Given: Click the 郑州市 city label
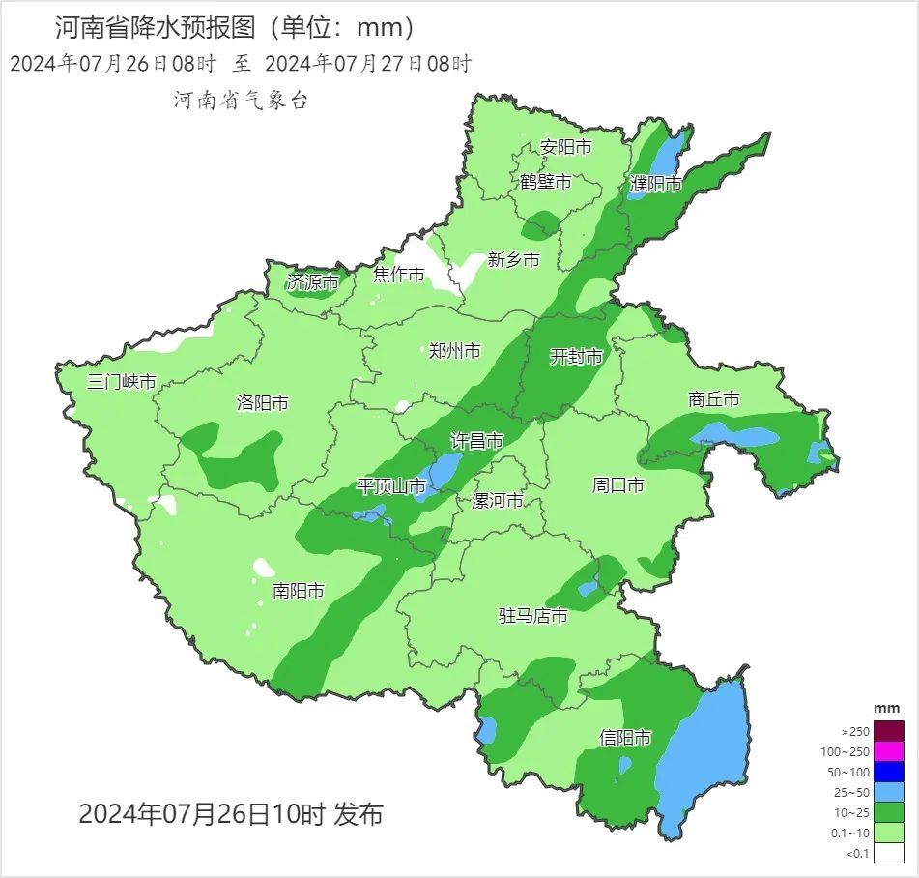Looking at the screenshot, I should [x=454, y=351].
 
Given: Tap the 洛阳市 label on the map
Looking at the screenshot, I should [x=262, y=403].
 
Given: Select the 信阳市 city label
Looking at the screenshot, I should [x=624, y=738].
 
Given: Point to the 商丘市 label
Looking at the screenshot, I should [x=714, y=399].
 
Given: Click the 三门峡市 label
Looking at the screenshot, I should [x=121, y=381].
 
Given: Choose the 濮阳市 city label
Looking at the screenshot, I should [x=656, y=184].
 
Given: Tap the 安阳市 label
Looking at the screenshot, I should [x=565, y=147].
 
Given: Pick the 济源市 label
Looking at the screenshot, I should [x=312, y=282].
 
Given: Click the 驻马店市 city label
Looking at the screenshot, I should [x=532, y=615].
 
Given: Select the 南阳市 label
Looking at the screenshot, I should [x=299, y=590].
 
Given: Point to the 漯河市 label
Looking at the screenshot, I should [x=497, y=501].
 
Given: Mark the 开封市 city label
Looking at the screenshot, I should [x=576, y=357].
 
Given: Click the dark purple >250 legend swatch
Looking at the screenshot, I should [x=890, y=731].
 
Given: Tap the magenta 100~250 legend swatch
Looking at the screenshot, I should [x=890, y=751].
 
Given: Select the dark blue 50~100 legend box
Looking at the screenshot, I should [x=890, y=772].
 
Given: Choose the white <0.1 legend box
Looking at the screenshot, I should [x=890, y=852].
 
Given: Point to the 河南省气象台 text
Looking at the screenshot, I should [x=241, y=100].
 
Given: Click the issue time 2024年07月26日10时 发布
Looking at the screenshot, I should [x=230, y=814].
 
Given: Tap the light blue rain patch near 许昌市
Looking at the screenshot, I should [x=445, y=470].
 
